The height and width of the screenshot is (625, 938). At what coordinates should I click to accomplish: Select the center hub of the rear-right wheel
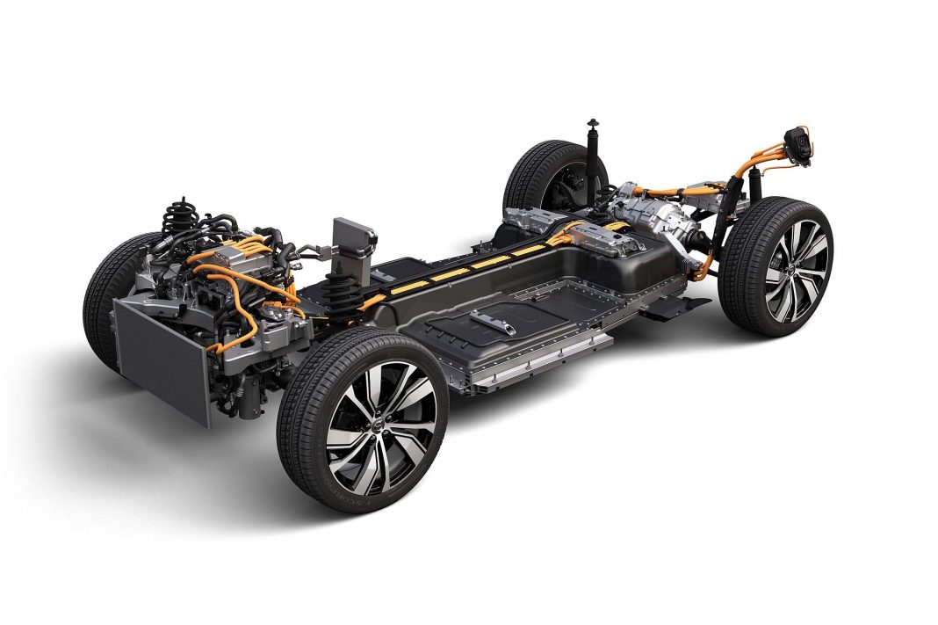(794, 270)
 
